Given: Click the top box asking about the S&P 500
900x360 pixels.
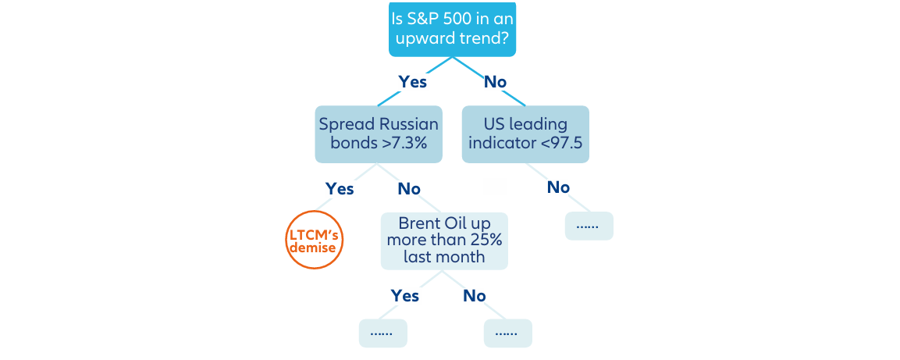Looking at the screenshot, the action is click(x=452, y=29).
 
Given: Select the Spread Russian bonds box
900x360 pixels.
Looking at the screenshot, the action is click(x=379, y=134).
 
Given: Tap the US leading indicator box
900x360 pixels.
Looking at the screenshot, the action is click(x=525, y=134).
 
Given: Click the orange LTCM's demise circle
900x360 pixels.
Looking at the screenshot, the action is click(x=314, y=240).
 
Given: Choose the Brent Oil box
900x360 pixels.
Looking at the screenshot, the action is click(x=444, y=241).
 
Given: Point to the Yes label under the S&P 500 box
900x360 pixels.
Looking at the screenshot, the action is click(x=413, y=82).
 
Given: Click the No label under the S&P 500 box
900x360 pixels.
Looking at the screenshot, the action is click(x=496, y=82).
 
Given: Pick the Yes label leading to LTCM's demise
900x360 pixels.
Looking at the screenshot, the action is click(x=340, y=188).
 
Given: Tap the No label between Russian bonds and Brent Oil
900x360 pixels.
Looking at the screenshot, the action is click(x=409, y=189).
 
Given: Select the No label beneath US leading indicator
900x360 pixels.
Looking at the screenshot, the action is click(x=558, y=187).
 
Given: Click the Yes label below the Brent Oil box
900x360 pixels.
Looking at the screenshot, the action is click(x=404, y=296).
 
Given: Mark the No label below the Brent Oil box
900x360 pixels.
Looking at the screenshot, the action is click(x=474, y=296).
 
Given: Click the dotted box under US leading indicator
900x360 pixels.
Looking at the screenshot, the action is click(x=589, y=226).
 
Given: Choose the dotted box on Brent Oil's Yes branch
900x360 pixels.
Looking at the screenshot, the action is click(x=382, y=333).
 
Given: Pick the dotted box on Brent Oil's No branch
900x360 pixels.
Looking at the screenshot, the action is click(x=508, y=333).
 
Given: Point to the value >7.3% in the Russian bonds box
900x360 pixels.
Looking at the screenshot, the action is click(x=404, y=143).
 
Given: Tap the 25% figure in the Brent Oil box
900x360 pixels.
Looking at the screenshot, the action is click(x=488, y=240).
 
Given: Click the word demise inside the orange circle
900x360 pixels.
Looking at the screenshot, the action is click(x=314, y=248).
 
